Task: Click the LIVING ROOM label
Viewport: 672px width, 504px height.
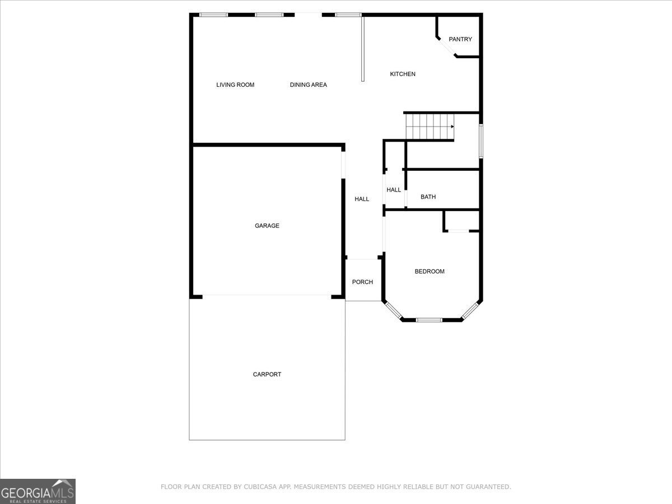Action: [235, 85]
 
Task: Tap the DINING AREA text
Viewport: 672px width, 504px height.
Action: [309, 85]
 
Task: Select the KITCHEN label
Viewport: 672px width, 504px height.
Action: [403, 74]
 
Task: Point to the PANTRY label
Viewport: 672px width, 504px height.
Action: [460, 39]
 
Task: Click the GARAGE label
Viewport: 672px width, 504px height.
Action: [267, 226]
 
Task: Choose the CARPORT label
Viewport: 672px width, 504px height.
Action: [267, 374]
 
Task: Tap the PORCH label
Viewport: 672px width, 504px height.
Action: [362, 282]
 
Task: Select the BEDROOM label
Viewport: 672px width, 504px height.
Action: [430, 272]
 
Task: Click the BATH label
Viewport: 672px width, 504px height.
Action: [428, 197]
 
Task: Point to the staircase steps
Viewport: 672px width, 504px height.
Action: [430, 127]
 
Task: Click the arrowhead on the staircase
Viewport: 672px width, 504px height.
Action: [452, 127]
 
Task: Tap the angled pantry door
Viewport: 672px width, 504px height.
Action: [447, 47]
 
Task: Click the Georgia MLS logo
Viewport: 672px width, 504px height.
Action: [38, 491]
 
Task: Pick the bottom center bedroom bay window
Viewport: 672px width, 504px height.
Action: [429, 320]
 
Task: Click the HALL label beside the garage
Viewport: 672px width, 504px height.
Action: [362, 199]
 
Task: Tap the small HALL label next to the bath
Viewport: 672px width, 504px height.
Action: [394, 190]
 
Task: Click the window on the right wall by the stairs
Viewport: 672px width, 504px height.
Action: [481, 141]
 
